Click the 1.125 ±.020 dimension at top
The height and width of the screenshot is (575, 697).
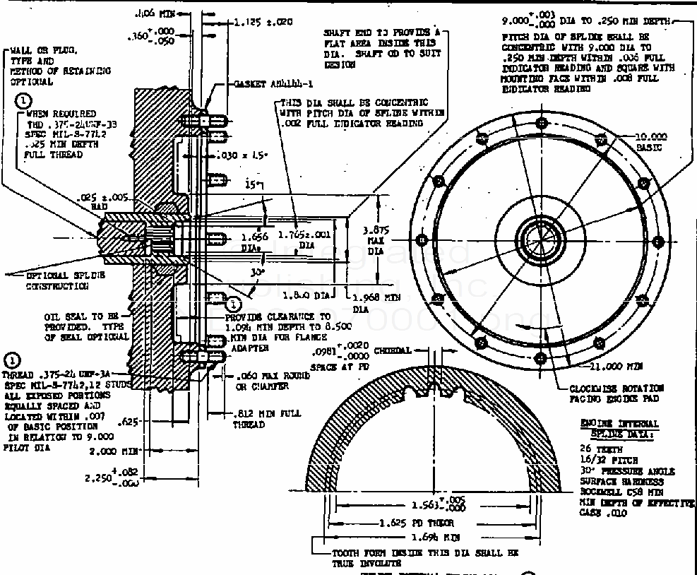pyautogui.click(x=263, y=22)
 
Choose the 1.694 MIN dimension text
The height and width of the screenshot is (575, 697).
pyautogui.click(x=407, y=538)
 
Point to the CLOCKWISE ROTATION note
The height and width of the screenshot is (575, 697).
pyautogui.click(x=616, y=393)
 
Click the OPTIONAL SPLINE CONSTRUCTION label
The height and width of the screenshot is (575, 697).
pyautogui.click(x=57, y=280)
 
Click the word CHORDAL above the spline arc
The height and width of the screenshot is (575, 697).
pyautogui.click(x=393, y=350)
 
